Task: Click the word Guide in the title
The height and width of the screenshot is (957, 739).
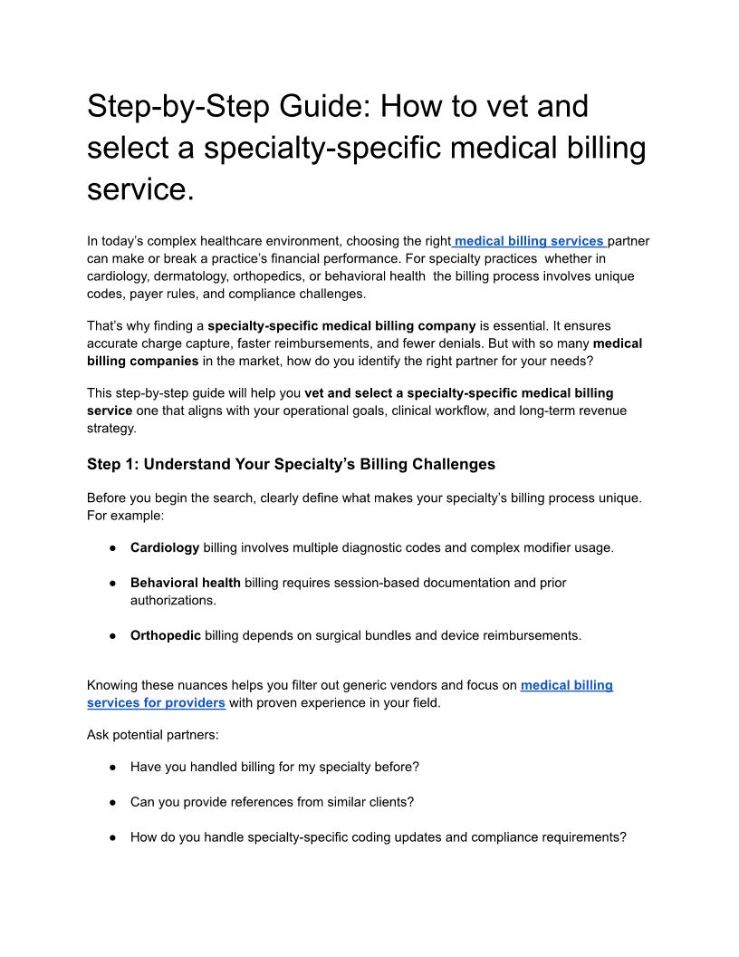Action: pyautogui.click(x=319, y=107)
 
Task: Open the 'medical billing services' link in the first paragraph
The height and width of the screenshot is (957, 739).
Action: pyautogui.click(x=529, y=241)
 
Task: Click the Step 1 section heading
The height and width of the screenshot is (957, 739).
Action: pyautogui.click(x=291, y=464)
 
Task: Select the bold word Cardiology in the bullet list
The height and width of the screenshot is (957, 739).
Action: pyautogui.click(x=165, y=547)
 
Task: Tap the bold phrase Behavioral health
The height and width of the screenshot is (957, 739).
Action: pyautogui.click(x=186, y=583)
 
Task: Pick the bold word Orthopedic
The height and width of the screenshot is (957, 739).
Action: pyautogui.click(x=166, y=635)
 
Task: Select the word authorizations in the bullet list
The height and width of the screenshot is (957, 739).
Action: pyautogui.click(x=173, y=600)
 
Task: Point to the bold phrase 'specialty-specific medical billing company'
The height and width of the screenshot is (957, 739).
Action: pyautogui.click(x=341, y=324)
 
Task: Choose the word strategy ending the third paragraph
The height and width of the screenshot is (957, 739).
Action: pyautogui.click(x=110, y=428)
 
